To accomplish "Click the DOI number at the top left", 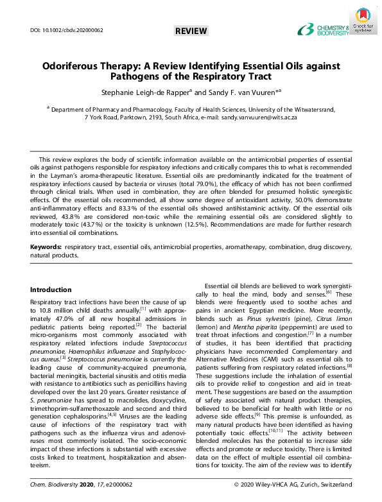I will tap(67, 30).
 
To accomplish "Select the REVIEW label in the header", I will tap(191, 31).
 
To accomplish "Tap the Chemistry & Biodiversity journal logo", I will tap(324, 30).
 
